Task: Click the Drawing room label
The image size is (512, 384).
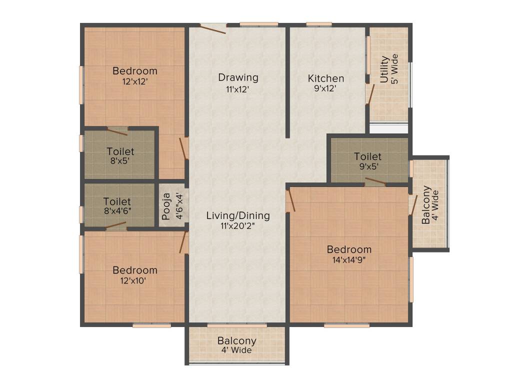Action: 238,77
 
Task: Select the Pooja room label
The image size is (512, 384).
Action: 166,206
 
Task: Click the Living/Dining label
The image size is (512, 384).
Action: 238,215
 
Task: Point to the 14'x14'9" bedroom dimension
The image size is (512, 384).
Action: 349,259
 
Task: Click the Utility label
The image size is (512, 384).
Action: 384,69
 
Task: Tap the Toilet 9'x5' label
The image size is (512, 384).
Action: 367,156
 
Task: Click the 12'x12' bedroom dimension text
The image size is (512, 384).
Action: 134,81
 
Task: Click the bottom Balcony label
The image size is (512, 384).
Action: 236,341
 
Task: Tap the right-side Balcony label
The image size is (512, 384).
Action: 425,205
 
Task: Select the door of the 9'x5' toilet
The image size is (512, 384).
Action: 375,181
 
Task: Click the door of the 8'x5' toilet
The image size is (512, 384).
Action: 117,131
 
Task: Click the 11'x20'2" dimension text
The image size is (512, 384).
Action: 238,226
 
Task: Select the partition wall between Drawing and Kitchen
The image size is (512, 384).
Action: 287,82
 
